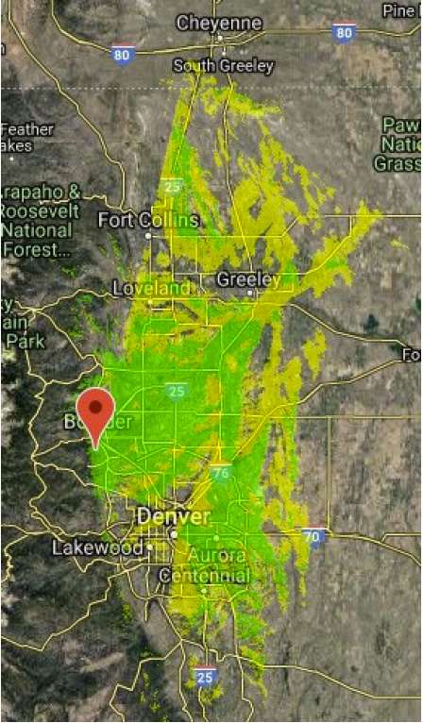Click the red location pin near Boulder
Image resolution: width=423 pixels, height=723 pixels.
[x=95, y=411]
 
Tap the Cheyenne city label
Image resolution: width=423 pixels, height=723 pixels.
[x=218, y=22]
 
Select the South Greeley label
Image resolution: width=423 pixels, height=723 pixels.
[x=224, y=66]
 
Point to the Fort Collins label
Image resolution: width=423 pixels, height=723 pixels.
[x=149, y=220]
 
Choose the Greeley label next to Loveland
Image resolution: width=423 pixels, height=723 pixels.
[x=248, y=279]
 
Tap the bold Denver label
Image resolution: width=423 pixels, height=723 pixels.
[x=173, y=516]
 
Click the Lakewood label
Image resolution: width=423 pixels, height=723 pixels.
[x=98, y=547]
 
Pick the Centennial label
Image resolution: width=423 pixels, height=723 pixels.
[x=204, y=576]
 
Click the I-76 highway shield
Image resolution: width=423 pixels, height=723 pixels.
[x=221, y=472]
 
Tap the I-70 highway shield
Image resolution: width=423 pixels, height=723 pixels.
[x=314, y=536]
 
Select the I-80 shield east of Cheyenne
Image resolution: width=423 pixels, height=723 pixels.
[x=345, y=33]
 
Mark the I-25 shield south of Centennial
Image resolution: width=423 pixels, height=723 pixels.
[x=206, y=675]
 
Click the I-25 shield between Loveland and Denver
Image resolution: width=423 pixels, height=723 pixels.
[x=176, y=390]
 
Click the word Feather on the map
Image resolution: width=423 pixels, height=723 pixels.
[x=28, y=129]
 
